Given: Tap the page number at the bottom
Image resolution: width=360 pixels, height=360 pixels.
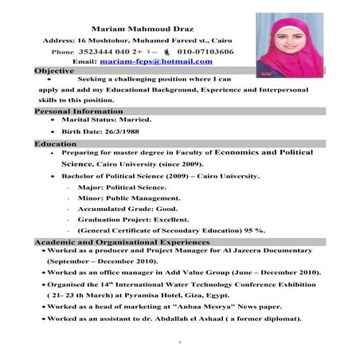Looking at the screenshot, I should (x=182, y=343).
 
